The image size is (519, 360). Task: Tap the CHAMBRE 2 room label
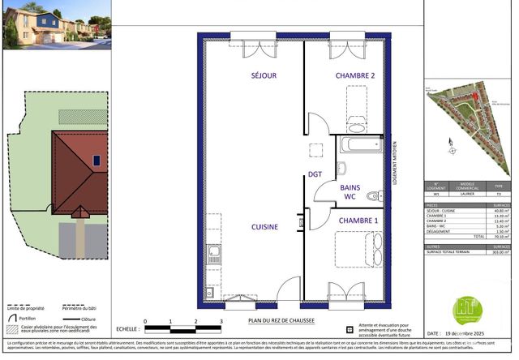355,75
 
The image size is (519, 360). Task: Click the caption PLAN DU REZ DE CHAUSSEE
281,321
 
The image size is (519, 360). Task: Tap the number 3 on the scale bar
221,322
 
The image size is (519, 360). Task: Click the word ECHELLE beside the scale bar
126,329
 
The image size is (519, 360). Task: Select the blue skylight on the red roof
97,161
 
